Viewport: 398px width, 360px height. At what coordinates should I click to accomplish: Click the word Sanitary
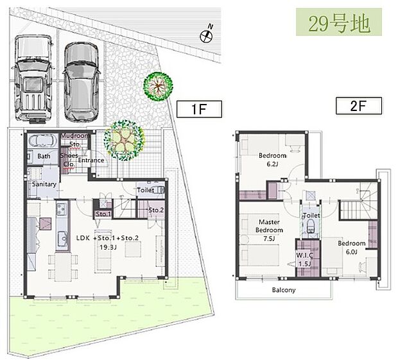click(x=44, y=185)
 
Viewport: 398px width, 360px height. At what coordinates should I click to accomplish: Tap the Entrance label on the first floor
click(x=92, y=160)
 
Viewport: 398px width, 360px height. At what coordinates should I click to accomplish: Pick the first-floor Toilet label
click(x=146, y=190)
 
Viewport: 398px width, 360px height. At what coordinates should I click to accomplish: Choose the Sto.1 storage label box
click(x=103, y=214)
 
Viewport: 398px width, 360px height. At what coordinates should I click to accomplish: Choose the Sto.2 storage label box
click(x=156, y=210)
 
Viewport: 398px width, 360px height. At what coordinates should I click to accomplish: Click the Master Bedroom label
click(x=270, y=226)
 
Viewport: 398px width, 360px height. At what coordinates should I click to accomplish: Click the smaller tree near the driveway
click(x=156, y=87)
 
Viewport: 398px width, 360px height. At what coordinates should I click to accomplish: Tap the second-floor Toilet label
click(x=311, y=216)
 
